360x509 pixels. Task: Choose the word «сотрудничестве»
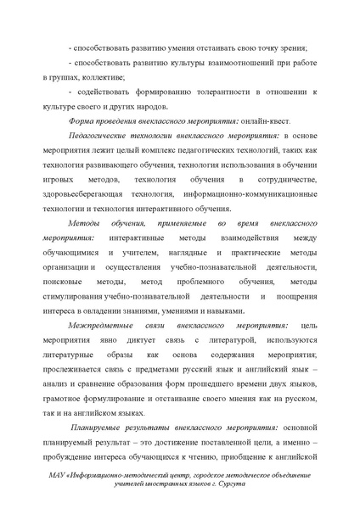click(288, 180)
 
